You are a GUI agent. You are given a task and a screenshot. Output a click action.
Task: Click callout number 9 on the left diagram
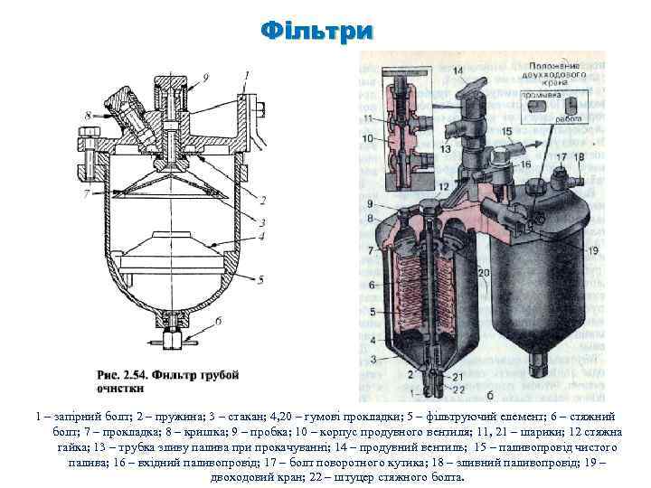(205, 77)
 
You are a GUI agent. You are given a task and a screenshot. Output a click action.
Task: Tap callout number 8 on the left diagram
(88, 116)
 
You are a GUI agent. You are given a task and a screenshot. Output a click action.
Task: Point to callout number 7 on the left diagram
(87, 192)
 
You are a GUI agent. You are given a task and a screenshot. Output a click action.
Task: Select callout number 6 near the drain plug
(218, 320)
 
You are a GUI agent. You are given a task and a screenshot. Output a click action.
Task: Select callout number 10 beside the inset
(368, 138)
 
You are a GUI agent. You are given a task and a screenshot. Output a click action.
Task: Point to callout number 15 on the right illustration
(507, 132)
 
